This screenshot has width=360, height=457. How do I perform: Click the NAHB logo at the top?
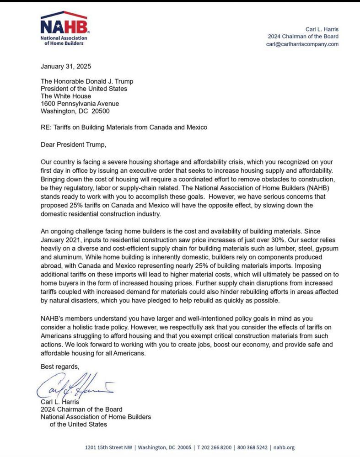point(64,28)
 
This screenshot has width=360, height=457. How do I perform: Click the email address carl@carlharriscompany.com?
point(302,44)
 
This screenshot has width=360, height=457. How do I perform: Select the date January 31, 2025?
point(66,66)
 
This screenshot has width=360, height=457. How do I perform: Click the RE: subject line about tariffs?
point(124,128)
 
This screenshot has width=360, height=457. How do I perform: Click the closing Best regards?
point(60,367)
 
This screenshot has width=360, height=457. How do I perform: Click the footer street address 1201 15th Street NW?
point(109,447)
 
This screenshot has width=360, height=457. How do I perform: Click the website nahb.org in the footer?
point(284,447)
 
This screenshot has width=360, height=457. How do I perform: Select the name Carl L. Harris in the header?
point(322,29)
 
